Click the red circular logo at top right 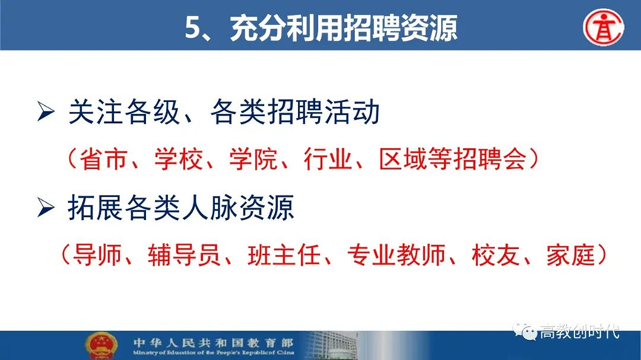tap(603, 27)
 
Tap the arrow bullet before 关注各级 tap(46, 112)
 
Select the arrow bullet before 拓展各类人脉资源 tap(46, 207)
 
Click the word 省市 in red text tap(103, 159)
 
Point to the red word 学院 tap(253, 159)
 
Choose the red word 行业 tap(328, 159)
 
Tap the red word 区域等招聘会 tap(452, 159)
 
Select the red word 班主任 tap(284, 255)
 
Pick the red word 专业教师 tap(396, 255)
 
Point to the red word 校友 tap(496, 255)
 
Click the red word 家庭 tap(571, 255)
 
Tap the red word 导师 tap(97, 255)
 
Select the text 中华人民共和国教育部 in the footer tap(213, 342)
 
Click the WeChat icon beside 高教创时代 tap(525, 331)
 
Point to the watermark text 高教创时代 tap(579, 331)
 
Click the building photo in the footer tap(331, 345)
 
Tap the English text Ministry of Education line tap(213, 353)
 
